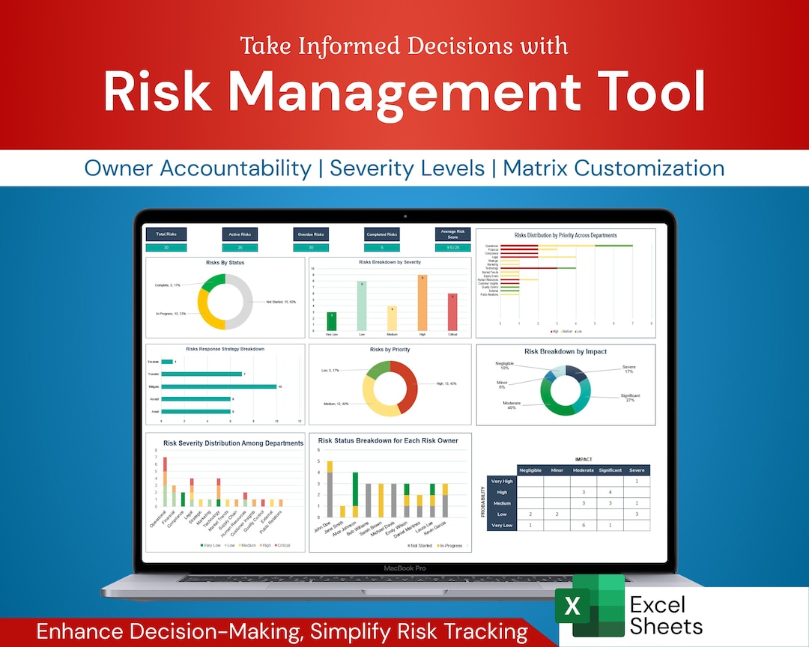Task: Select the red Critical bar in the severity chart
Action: coord(452,311)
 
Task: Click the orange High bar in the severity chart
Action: coord(422,302)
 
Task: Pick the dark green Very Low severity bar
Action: coord(331,321)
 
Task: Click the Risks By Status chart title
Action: coord(225,263)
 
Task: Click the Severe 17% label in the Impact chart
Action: coord(628,369)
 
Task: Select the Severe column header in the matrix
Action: coord(637,470)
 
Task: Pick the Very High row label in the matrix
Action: coord(501,481)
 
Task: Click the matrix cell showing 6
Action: coord(583,525)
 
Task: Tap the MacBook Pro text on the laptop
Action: coord(404,568)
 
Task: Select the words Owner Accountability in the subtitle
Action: coord(197,168)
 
